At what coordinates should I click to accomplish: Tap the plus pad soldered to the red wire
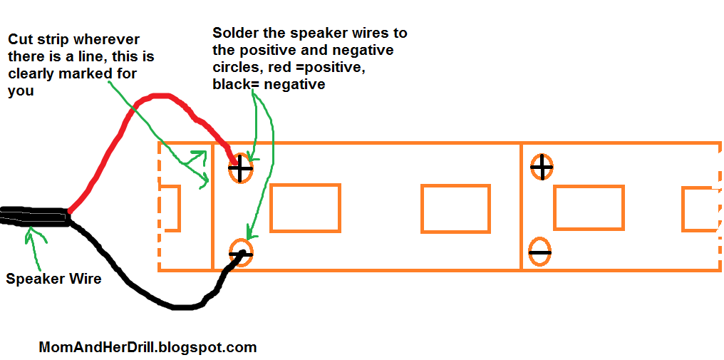240,168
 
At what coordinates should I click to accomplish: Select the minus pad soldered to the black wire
241,252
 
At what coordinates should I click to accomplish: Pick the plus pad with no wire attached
542,168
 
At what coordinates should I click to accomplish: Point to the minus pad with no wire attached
539,252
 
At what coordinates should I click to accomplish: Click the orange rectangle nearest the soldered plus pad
305,207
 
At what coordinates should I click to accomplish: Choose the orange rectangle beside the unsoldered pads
589,207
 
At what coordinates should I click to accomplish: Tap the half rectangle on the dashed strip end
170,208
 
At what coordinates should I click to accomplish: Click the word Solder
232,34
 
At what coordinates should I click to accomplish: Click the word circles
236,68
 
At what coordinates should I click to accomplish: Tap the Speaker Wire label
53,279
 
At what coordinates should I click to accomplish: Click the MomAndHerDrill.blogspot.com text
147,348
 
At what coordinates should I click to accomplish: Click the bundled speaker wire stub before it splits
32,216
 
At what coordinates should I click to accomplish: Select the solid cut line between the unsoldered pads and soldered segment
522,207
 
